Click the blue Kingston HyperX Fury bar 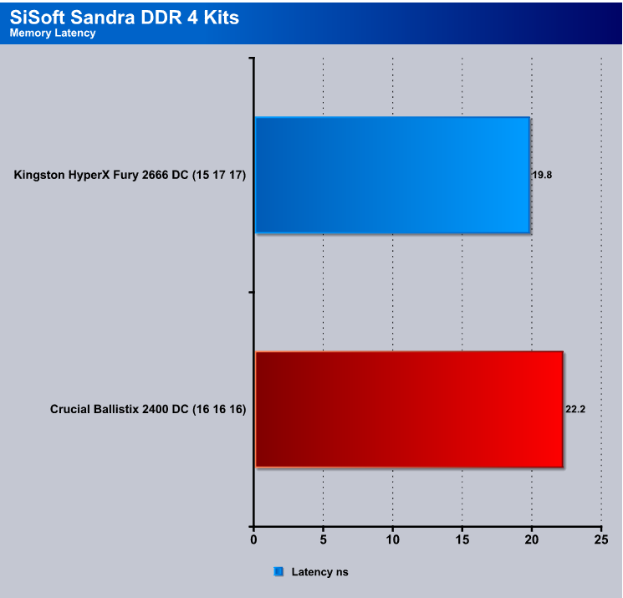coord(392,175)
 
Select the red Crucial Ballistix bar coord(409,409)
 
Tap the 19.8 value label coord(543,176)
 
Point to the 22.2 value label coord(575,409)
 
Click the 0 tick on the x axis coord(253,539)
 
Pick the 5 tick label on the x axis coord(323,539)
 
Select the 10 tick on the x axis coord(392,539)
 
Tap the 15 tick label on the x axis coord(462,539)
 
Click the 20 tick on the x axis coord(532,539)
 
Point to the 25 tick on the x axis coord(601,539)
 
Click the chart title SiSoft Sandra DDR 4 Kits coord(125,18)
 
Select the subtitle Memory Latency coord(53,33)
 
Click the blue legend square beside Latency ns coord(278,571)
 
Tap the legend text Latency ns coord(319,572)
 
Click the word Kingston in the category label coord(39,176)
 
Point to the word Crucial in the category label coord(70,409)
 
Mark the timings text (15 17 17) coord(219,176)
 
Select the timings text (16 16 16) coord(219,409)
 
